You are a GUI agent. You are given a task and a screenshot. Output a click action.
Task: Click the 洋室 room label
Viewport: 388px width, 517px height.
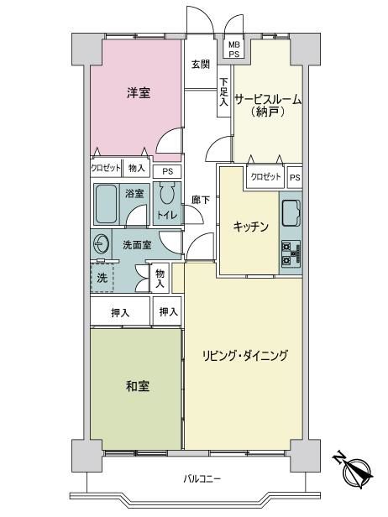pos(139,92)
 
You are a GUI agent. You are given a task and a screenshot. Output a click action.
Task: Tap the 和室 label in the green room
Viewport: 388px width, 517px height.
pos(138,386)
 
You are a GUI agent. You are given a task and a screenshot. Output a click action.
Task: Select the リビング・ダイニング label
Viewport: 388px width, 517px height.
pos(244,356)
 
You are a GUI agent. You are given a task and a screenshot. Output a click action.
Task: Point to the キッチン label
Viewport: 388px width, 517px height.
pos(251,227)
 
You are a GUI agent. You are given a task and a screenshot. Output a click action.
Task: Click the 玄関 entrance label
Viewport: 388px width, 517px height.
pos(201,64)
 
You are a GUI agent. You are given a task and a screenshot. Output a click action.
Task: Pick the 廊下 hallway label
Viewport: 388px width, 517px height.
pos(201,200)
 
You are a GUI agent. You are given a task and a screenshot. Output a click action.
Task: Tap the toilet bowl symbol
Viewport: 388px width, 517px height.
pos(167,194)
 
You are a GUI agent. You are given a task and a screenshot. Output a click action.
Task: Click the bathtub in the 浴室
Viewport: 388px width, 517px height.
pos(106,204)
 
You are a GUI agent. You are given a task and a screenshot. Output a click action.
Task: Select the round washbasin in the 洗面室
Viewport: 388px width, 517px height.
pos(101,243)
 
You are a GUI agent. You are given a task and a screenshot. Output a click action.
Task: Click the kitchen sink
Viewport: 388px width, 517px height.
pos(291,213)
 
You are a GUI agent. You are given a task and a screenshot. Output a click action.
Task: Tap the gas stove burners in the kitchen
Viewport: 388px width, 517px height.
pos(291,253)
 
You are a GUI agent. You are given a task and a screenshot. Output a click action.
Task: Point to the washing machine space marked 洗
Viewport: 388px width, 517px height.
pos(102,278)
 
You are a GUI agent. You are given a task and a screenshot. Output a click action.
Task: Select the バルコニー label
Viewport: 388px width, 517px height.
pos(202,478)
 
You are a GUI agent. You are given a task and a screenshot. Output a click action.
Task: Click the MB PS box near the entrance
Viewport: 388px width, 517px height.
pos(234,49)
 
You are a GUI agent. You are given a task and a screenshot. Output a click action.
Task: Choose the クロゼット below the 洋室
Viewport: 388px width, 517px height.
pos(106,168)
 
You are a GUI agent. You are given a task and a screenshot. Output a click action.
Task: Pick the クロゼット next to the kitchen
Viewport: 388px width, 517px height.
pos(265,177)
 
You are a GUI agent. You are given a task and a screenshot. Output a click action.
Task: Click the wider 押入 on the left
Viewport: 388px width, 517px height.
pos(120,311)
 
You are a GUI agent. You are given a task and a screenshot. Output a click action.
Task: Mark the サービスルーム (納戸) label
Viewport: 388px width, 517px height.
pos(268,106)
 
